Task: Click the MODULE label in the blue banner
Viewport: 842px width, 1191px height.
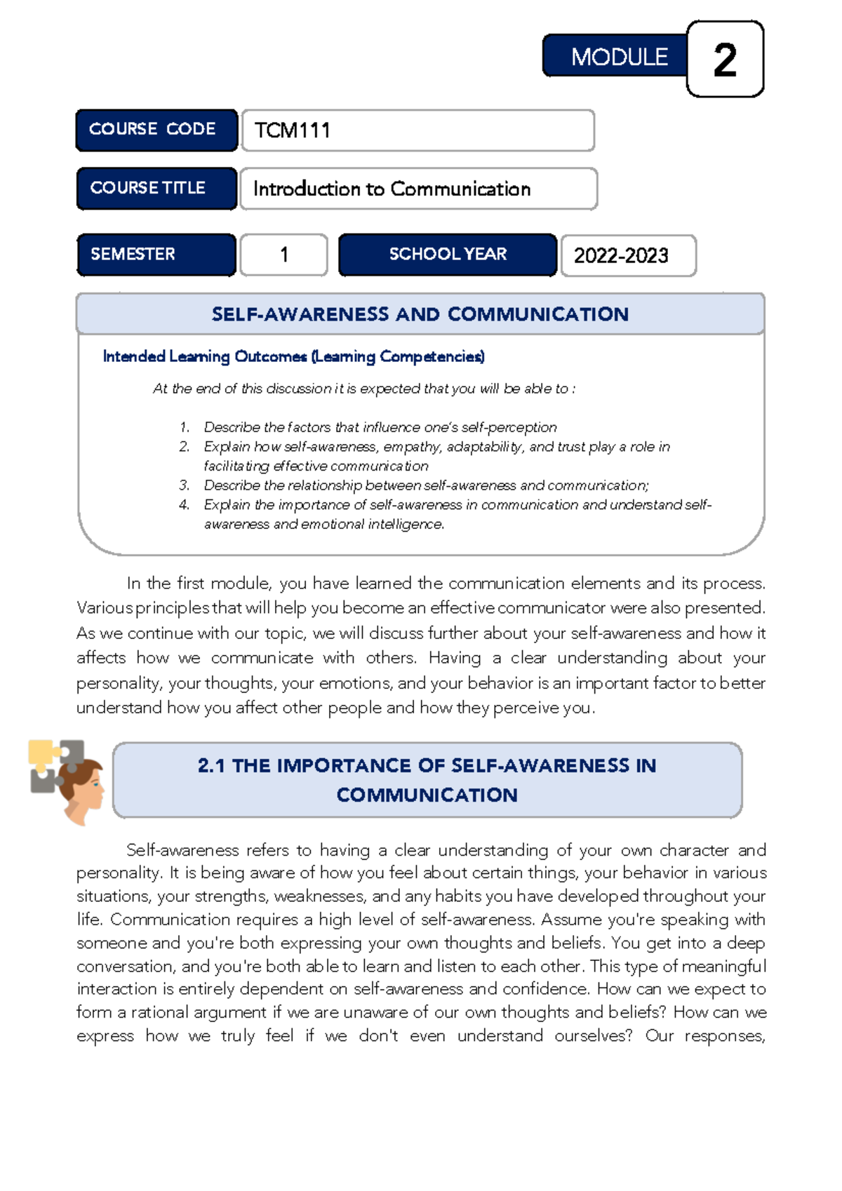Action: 619,57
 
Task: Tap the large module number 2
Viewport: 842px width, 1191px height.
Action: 725,60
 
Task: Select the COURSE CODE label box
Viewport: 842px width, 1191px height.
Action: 152,129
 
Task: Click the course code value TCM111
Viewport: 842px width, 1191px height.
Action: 292,130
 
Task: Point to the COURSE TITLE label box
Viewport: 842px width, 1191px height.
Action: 148,188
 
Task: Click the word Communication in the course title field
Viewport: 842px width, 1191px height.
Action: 460,189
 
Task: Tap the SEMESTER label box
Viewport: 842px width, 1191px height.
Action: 133,254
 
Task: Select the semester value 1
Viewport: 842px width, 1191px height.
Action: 284,255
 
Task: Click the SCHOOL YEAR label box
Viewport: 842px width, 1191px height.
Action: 448,254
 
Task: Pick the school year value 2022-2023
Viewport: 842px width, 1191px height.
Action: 621,255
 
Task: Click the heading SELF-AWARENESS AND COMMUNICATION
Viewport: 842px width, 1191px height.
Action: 420,314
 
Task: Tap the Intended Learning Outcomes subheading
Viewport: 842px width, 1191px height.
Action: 293,356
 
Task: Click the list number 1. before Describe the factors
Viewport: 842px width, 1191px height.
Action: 185,427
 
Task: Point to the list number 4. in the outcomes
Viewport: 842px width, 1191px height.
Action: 185,504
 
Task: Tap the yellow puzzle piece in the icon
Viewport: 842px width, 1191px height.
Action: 42,752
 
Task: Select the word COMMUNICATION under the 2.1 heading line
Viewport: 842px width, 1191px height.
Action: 427,795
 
